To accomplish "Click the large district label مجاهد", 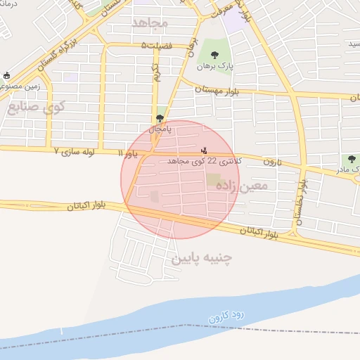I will tap(150, 22).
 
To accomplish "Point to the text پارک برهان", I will tap(214, 66).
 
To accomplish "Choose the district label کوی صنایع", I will tap(36, 108).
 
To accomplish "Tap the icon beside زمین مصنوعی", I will tap(7, 75).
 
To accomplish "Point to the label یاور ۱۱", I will tap(130, 153).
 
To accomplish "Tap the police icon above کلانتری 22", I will tap(205, 149).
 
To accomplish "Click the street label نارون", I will tap(272, 162).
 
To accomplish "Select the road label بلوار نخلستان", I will tap(301, 200).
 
